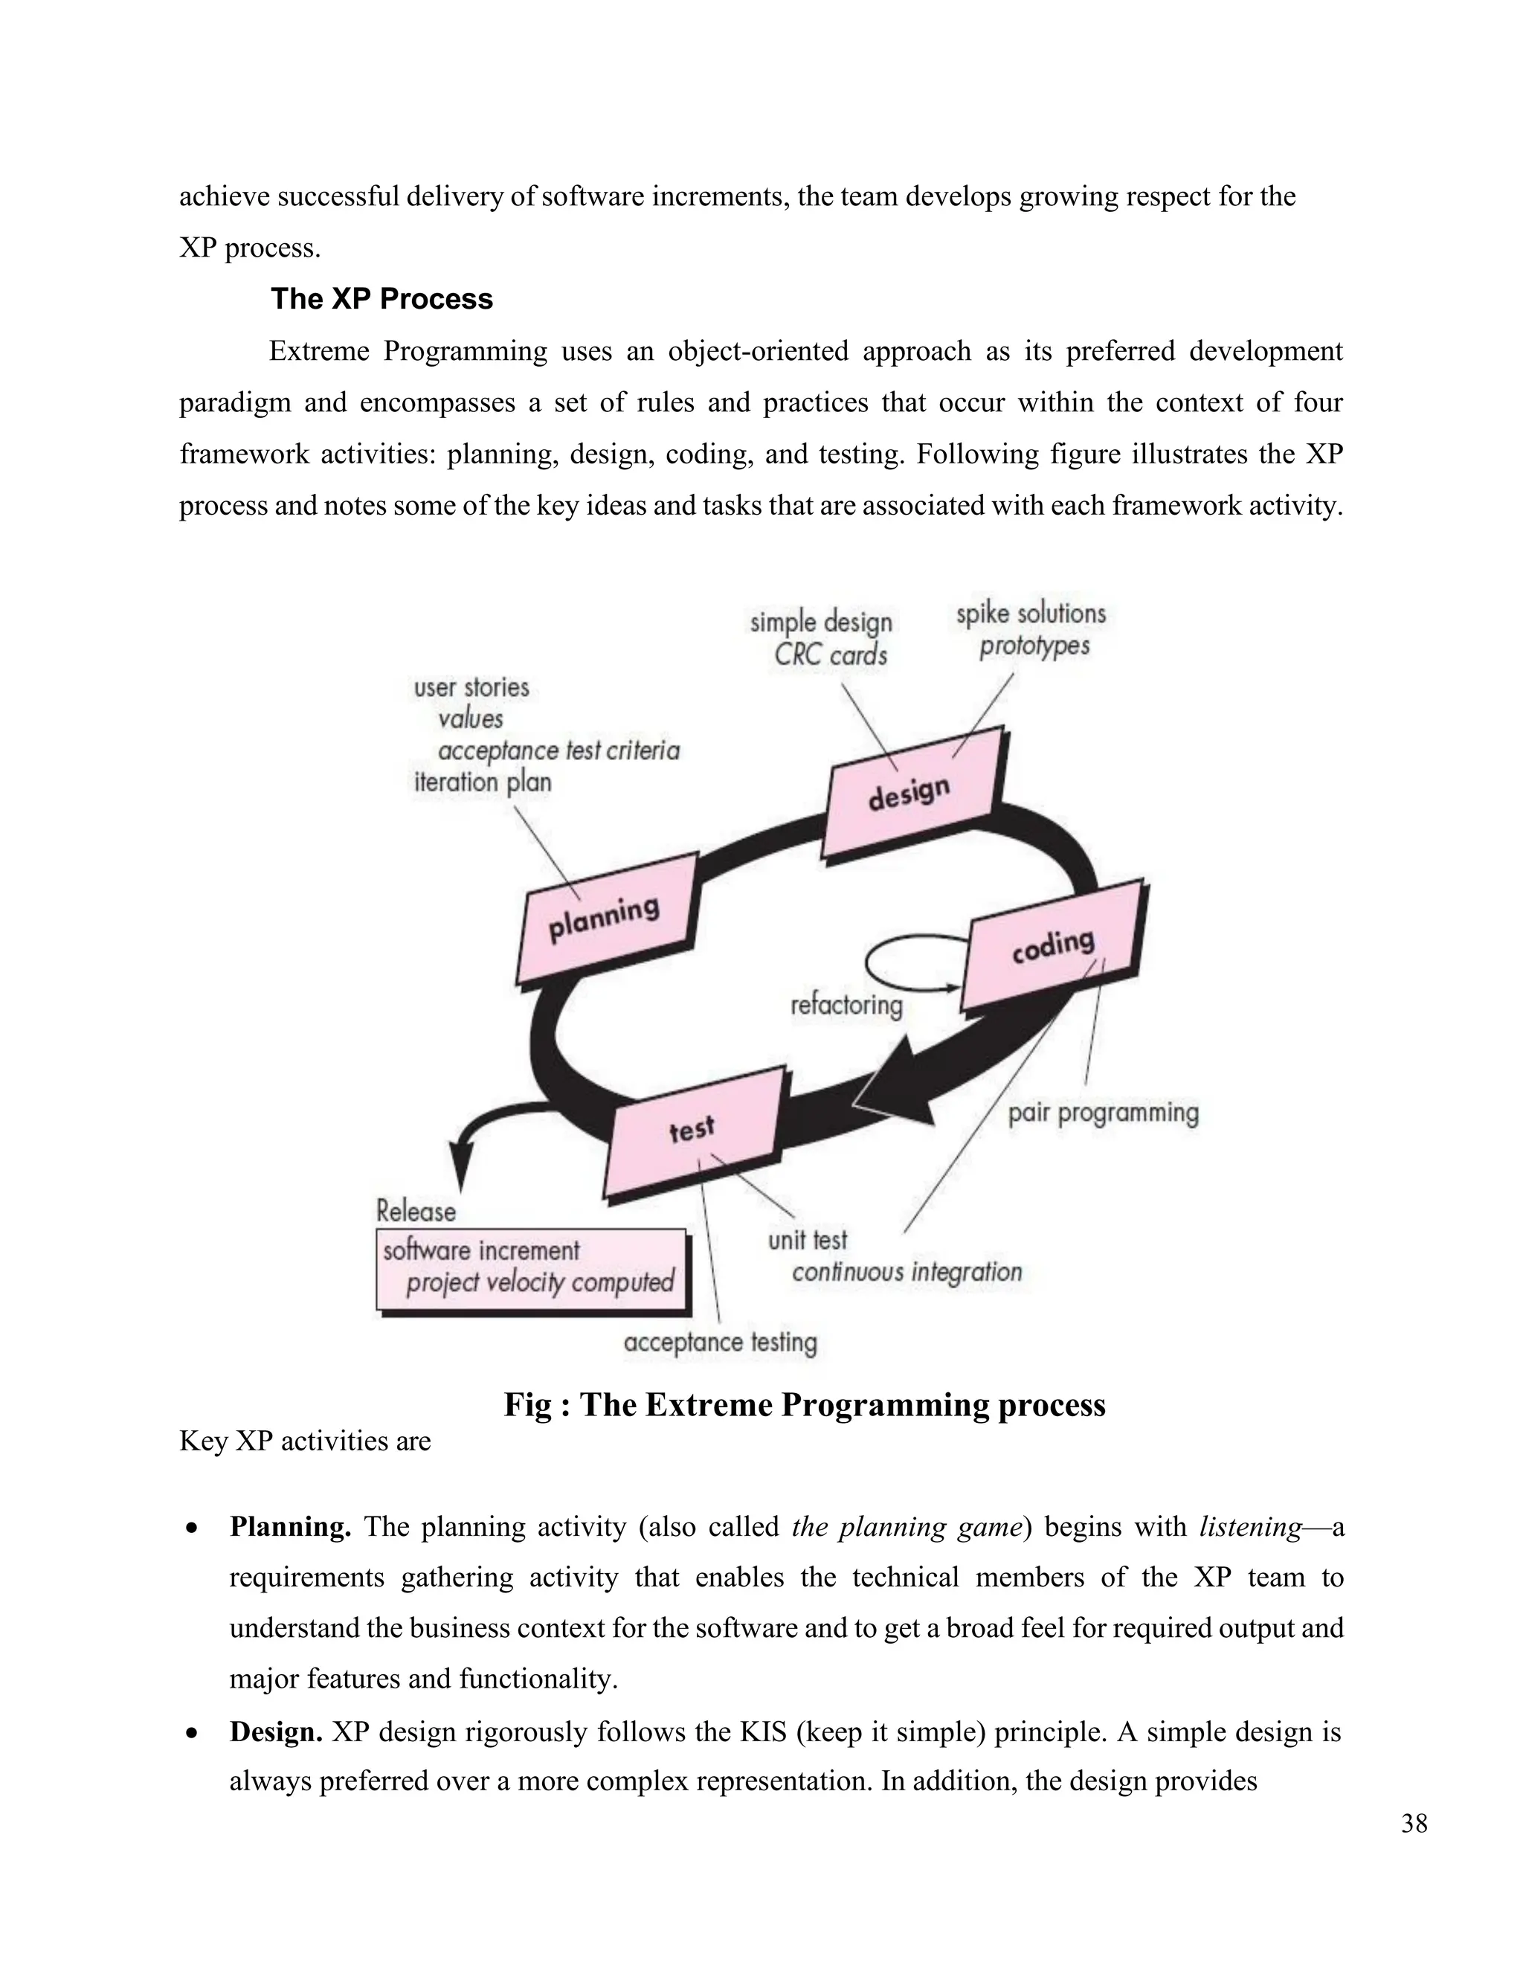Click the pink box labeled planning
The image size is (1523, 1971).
605,919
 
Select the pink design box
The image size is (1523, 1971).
911,794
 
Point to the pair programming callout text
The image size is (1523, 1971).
1103,1113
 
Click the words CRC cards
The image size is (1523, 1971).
830,655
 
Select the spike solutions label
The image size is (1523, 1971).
1031,614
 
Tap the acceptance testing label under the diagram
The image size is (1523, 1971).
720,1342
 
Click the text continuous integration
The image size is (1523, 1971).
907,1272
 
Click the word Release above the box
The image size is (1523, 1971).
416,1211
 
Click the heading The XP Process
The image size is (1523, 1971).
381,299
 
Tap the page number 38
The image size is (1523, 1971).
1414,1824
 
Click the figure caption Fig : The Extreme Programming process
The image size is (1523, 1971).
804,1405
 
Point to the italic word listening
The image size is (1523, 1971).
1249,1527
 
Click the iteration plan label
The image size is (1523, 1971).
482,782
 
